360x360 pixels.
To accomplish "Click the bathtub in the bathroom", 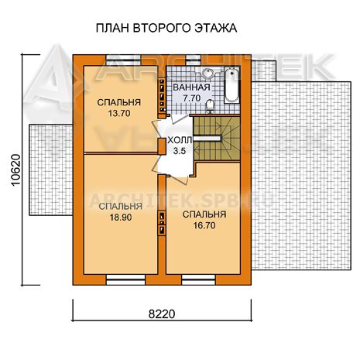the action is tap(232, 85).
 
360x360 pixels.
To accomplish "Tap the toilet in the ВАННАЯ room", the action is tap(210, 106).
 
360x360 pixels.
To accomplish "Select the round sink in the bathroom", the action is tap(207, 73).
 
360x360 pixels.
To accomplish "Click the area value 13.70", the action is tap(119, 113).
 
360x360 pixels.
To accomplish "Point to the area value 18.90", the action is tap(121, 218).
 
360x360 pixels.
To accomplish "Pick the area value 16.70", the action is tap(204, 225).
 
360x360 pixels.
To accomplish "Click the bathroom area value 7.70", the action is tap(191, 98).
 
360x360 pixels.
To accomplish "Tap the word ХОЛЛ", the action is tap(180, 140).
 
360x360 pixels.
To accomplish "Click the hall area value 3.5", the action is tap(180, 151).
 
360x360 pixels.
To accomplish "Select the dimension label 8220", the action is tap(162, 314).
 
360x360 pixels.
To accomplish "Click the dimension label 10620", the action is tap(16, 170).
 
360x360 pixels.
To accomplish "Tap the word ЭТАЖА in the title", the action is tap(215, 28).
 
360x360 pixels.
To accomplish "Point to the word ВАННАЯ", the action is tap(191, 87).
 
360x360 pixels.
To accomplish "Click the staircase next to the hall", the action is tap(217, 139).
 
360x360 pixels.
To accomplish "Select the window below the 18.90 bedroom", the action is tap(126, 279).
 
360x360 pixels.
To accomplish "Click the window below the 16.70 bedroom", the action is tap(198, 279).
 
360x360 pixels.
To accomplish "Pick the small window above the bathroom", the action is tap(194, 60).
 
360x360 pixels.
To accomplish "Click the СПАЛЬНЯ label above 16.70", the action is tap(204, 214).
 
